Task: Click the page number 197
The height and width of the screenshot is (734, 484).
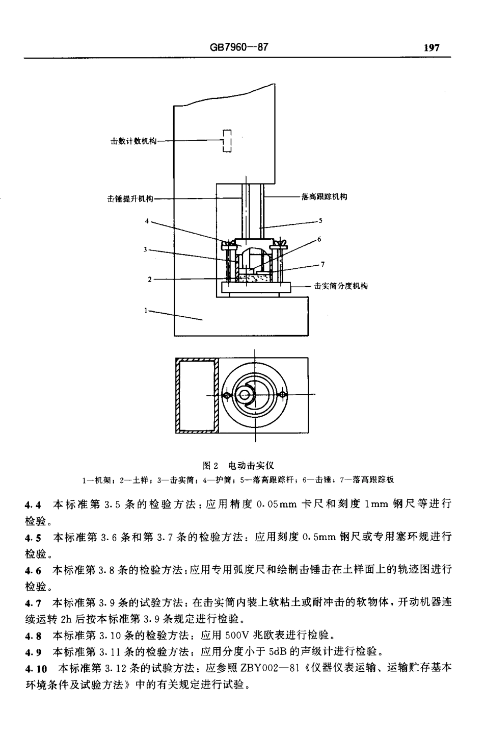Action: (431, 48)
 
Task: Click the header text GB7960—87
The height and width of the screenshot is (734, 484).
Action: (238, 47)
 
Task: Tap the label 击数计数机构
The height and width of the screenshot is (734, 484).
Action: (134, 140)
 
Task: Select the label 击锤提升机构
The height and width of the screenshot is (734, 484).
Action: (130, 199)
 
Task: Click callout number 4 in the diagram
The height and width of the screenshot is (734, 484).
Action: (147, 221)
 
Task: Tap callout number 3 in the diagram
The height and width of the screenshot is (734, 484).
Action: (146, 249)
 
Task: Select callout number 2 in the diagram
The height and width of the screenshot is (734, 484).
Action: (149, 279)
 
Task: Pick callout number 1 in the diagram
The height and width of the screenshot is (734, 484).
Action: (146, 309)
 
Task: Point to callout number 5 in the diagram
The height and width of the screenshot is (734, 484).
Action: (321, 221)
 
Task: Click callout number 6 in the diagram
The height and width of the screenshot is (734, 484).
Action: (319, 239)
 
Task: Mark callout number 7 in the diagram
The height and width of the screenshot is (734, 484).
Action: (322, 264)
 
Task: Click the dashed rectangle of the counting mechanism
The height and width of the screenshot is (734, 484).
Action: (227, 140)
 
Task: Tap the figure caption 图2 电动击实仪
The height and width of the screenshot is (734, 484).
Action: (238, 465)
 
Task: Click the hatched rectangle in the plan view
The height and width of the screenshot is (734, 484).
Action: (197, 395)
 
